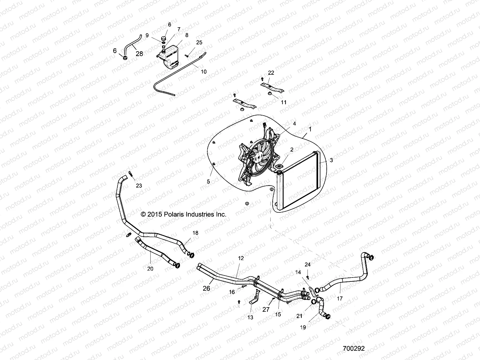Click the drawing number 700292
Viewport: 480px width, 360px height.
(354, 349)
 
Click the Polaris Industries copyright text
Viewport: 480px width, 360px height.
(183, 214)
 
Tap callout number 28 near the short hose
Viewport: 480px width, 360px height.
(139, 54)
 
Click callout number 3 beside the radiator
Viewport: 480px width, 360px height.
(331, 160)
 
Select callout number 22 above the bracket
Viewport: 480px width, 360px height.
(271, 73)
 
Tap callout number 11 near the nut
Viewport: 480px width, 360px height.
(283, 102)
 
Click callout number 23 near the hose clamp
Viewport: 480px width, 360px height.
(139, 186)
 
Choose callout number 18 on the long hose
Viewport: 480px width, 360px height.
(195, 233)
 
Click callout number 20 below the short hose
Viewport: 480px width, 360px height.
(150, 269)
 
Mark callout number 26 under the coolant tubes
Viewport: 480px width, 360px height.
(206, 289)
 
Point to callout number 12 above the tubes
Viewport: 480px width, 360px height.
(241, 258)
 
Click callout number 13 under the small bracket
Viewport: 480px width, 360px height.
(250, 317)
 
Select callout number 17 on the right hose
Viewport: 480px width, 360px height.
(340, 299)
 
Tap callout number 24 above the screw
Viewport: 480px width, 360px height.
(307, 265)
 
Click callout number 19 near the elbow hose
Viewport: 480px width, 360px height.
(303, 328)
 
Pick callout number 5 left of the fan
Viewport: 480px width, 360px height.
(208, 181)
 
